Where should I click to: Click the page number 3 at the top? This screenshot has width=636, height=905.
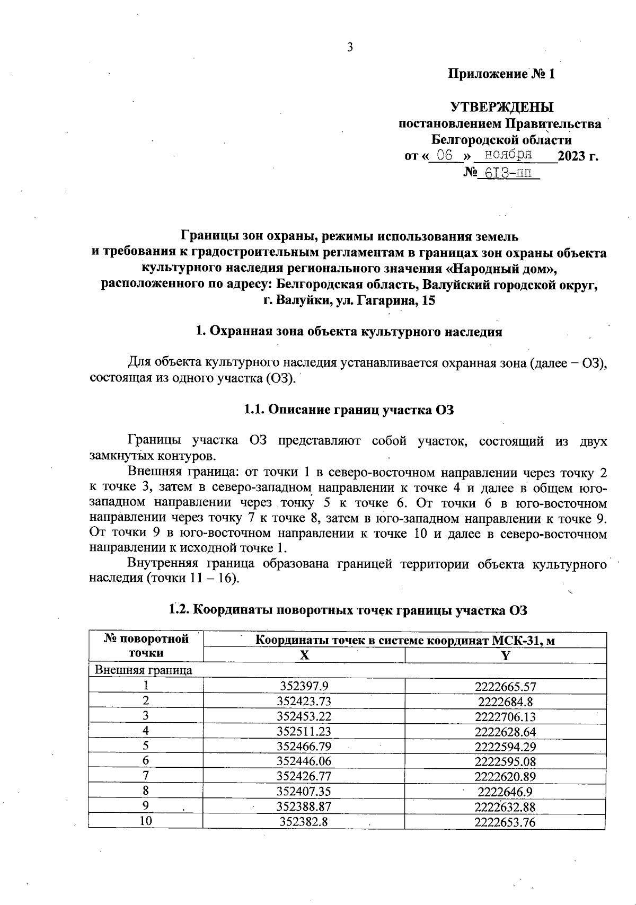tap(350, 48)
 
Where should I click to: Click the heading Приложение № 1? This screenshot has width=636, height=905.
tap(501, 74)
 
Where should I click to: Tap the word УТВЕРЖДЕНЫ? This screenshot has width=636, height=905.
tap(501, 108)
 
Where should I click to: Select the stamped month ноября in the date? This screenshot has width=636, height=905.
tap(508, 155)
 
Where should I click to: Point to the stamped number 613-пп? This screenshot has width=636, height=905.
tap(508, 173)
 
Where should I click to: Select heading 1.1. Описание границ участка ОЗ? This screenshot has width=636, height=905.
tap(349, 410)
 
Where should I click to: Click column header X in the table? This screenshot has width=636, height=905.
tap(304, 655)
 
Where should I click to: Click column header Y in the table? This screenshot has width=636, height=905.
tap(505, 655)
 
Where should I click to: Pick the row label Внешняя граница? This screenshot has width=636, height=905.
tap(143, 670)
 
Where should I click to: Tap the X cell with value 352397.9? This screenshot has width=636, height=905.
tap(304, 686)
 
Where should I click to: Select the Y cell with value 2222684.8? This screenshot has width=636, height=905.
tap(505, 702)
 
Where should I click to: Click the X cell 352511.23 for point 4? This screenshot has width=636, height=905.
tap(304, 732)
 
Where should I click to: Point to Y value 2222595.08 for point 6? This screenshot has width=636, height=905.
tap(505, 761)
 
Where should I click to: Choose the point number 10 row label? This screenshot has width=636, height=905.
tap(146, 821)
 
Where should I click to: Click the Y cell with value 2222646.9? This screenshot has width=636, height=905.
tap(505, 792)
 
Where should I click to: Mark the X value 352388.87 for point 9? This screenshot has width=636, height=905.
tap(304, 806)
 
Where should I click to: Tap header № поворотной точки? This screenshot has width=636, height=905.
tap(146, 646)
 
